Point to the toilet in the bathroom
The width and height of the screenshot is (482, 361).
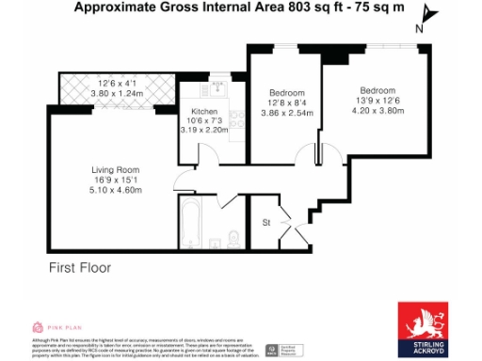pos(233,235)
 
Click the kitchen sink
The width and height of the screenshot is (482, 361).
pos(219,86)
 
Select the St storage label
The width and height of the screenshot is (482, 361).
pos(267,224)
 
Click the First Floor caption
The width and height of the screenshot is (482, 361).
pos(80,268)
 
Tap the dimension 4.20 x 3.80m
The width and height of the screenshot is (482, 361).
pos(378,111)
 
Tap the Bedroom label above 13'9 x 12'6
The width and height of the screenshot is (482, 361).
pos(377,89)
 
